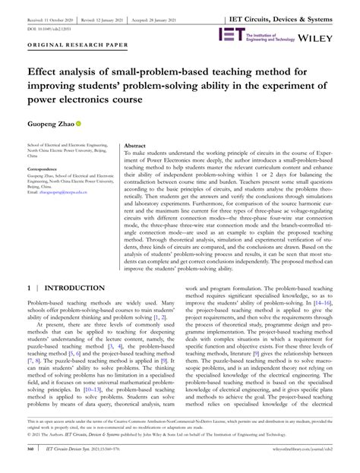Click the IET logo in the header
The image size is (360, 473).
pos(232,34)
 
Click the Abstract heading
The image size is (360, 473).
pos(134,144)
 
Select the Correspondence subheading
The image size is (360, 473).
pos(46,169)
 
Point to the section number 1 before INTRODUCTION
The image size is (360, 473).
pos(29,268)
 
